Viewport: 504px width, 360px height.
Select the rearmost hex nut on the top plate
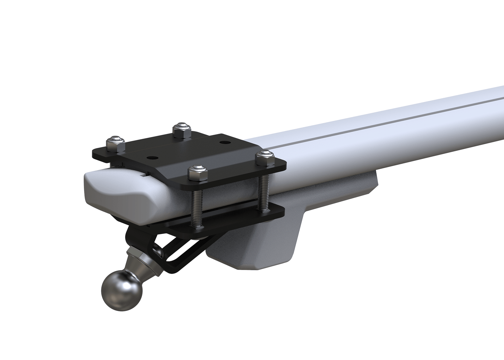coord(181,129)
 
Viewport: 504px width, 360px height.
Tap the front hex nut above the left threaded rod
coord(196,173)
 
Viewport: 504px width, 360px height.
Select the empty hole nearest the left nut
coord(153,157)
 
